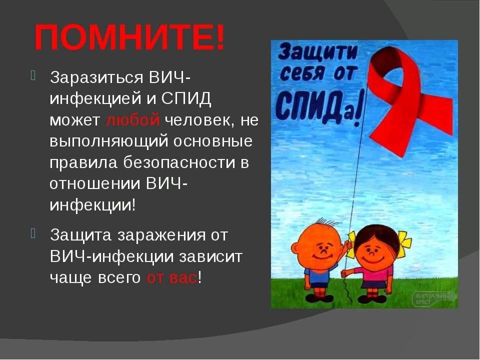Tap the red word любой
pos(132,120)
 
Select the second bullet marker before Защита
pos(33,233)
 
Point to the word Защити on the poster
pos(318,51)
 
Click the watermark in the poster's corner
pos(434,299)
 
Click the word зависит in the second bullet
pos(211,257)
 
